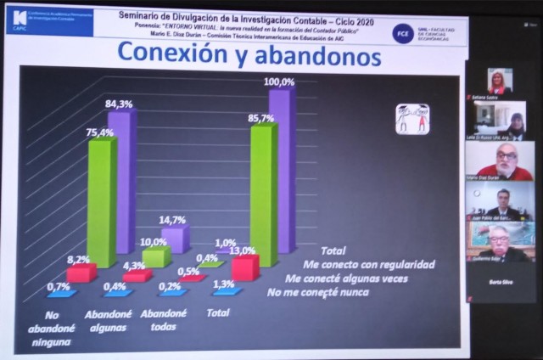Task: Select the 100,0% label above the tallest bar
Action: point(279,82)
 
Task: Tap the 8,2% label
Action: point(79,259)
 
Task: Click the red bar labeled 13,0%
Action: point(244,268)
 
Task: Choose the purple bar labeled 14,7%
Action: point(175,239)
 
